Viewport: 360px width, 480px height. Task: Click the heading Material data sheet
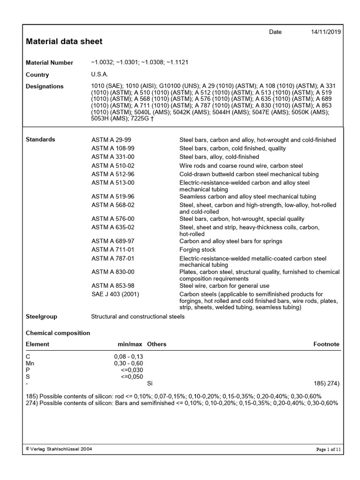click(64, 41)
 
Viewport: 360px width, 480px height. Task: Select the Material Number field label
click(49, 63)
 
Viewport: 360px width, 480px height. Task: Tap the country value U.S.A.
click(99, 75)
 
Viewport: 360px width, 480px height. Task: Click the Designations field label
click(45, 87)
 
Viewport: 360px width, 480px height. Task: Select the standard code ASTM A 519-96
click(112, 197)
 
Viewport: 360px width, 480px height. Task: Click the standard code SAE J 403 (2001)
click(115, 294)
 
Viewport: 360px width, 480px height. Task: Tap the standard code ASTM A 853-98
click(112, 286)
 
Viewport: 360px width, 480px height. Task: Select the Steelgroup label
click(41, 317)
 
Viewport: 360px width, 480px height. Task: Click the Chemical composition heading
click(58, 333)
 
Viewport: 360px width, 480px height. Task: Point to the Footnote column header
click(326, 344)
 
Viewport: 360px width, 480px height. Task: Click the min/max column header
click(129, 344)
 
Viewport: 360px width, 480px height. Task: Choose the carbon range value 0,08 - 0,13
click(128, 357)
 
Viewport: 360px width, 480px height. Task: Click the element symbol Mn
click(30, 363)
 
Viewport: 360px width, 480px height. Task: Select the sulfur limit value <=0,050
click(132, 376)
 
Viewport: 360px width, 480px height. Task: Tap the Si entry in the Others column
click(150, 383)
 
